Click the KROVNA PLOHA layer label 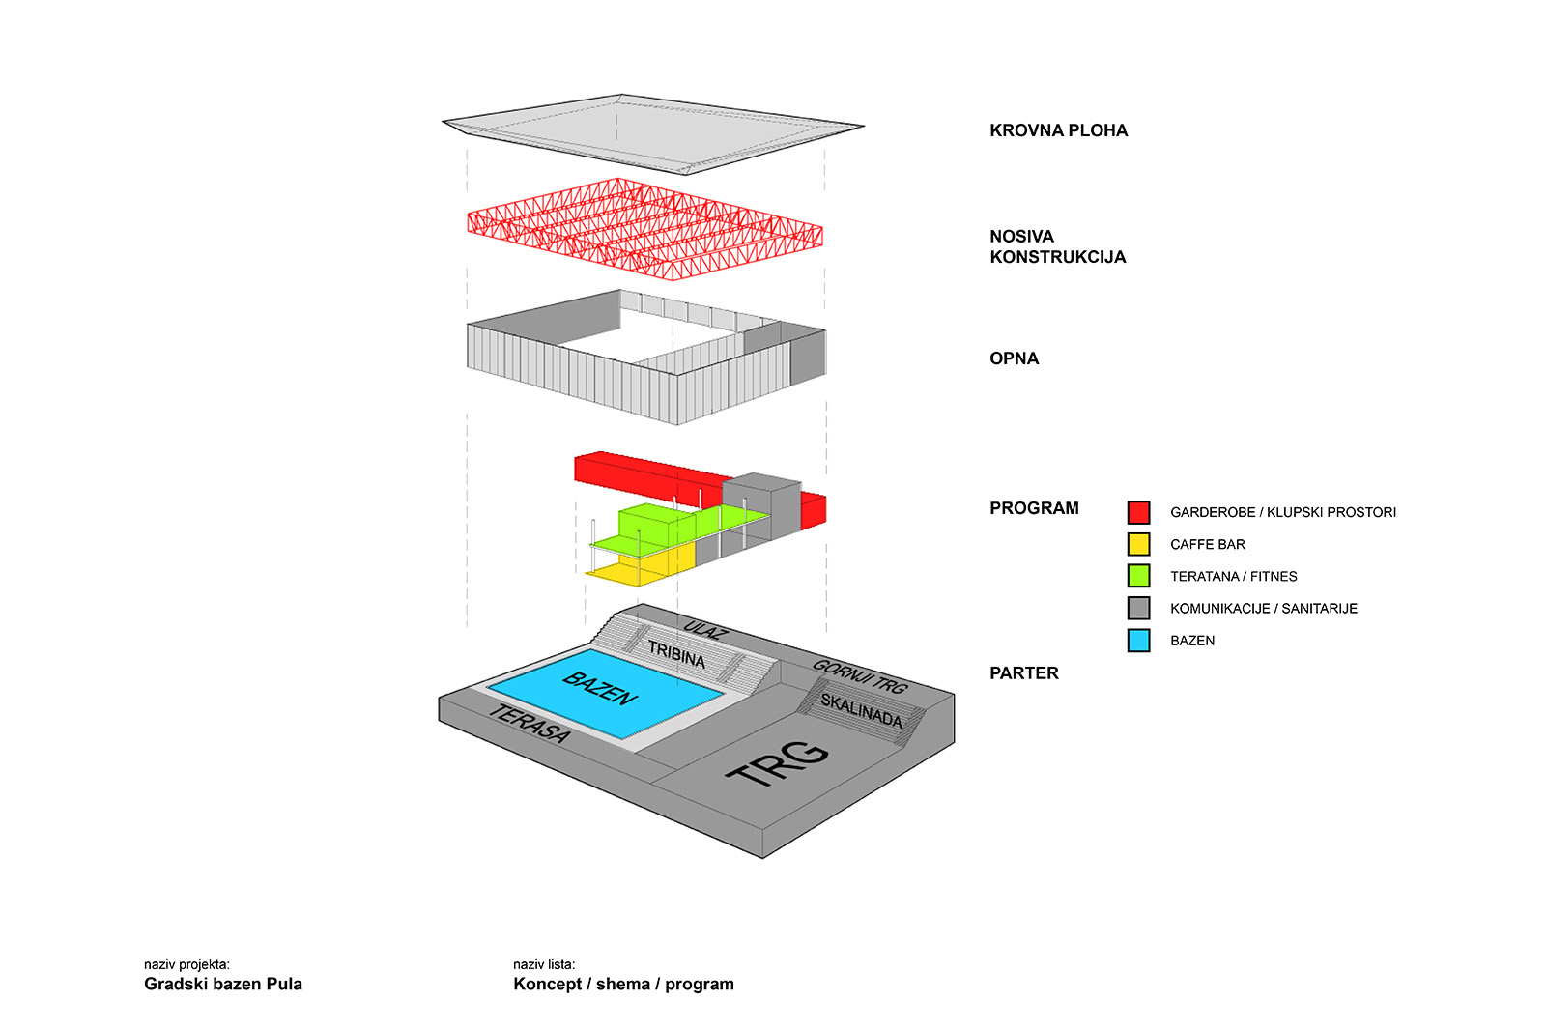1058,130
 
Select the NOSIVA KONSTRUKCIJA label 1057,246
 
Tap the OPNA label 1014,358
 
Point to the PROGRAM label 1034,508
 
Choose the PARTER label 1023,673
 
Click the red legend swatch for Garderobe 1138,512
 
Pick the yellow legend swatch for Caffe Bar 1138,544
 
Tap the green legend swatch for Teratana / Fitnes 1138,576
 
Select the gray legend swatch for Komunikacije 1138,608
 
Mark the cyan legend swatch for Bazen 1138,640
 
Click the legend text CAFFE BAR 1207,545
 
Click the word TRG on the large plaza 778,762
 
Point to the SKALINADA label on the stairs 861,710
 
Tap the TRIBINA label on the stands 676,655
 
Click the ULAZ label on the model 703,630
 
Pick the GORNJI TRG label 859,675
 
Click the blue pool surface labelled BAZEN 604,691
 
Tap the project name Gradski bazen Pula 223,985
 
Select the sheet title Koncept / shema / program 623,985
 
